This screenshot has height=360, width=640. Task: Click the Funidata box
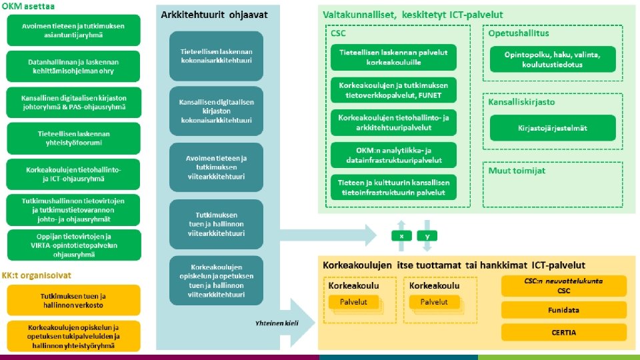coord(564,309)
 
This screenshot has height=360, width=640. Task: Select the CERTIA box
coord(564,332)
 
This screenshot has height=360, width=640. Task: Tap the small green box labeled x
coord(401,236)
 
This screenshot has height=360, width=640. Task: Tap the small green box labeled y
coord(427,236)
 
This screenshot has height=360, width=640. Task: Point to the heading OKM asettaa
coord(27,5)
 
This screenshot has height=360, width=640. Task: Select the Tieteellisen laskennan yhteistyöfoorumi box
coord(74,137)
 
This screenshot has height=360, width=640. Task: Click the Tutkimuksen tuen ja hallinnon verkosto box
coord(74,300)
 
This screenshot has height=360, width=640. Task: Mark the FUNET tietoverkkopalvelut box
coord(393,90)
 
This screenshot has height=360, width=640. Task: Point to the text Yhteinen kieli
coord(276,323)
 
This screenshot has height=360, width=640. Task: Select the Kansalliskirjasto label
coord(522,102)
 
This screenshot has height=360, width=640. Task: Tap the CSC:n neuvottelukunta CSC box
coord(564,285)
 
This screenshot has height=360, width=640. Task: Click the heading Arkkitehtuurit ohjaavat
coord(202,14)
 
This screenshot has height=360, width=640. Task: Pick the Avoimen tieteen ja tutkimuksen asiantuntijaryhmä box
coord(74,29)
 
